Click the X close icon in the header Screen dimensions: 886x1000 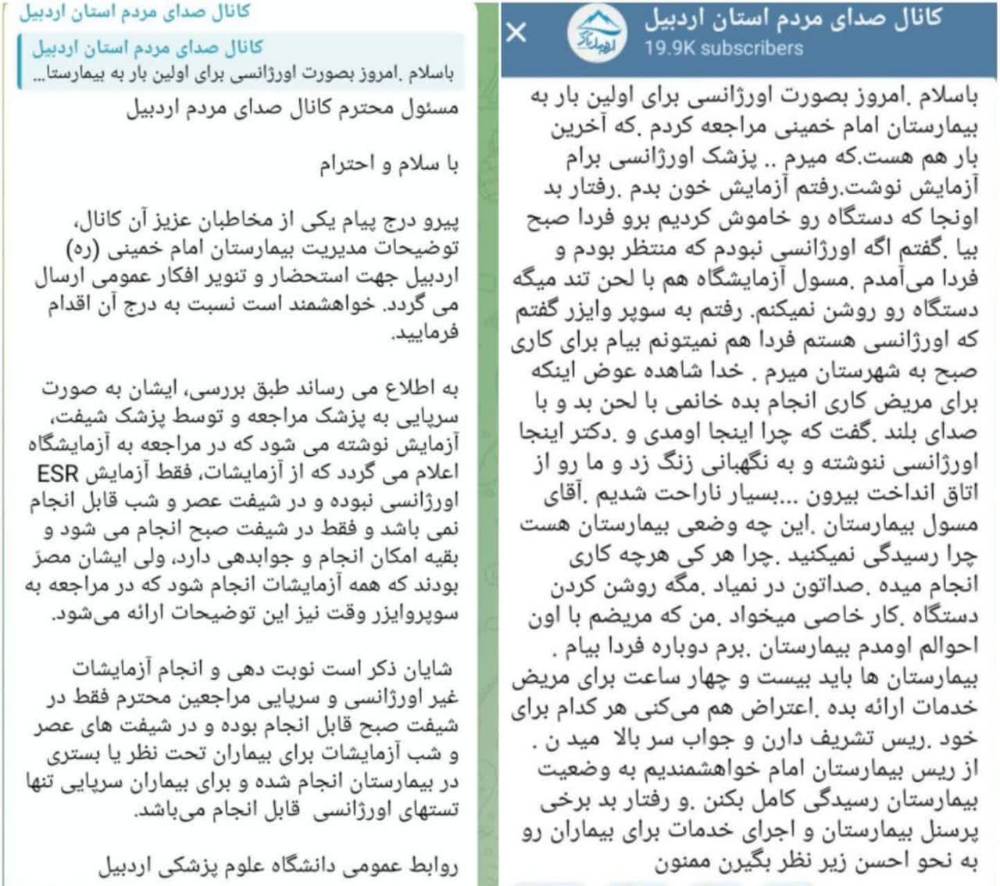coord(516,32)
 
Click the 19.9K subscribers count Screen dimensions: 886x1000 coord(723,48)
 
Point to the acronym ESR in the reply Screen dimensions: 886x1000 coord(58,473)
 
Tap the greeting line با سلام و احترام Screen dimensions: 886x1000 coord(387,164)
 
